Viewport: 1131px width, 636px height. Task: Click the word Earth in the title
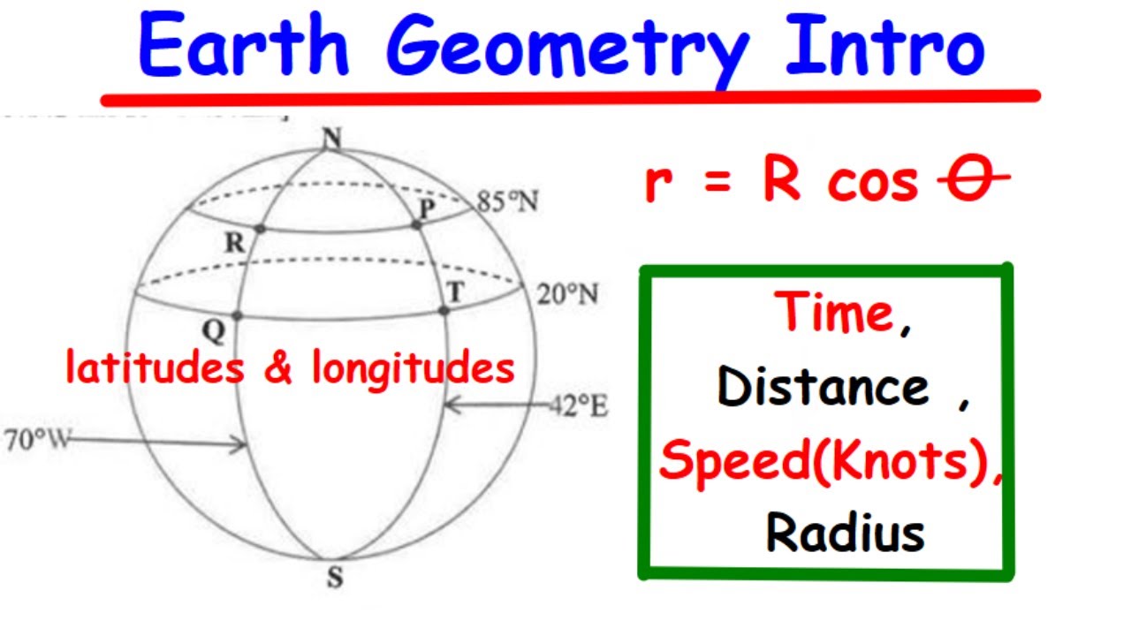[244, 46]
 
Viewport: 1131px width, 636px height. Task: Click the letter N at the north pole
[332, 137]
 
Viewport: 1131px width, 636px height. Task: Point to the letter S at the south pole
[335, 579]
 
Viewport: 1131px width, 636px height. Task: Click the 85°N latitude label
[507, 202]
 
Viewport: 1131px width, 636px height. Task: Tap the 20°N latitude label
[567, 294]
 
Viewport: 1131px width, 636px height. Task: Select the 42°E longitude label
[579, 407]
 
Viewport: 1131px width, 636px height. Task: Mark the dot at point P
[416, 225]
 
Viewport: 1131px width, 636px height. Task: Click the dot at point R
[260, 229]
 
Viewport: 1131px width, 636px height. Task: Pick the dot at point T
[444, 310]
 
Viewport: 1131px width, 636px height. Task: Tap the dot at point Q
[237, 315]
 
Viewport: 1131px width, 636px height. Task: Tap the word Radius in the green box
[845, 533]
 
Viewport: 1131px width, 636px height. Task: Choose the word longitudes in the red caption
[414, 368]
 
